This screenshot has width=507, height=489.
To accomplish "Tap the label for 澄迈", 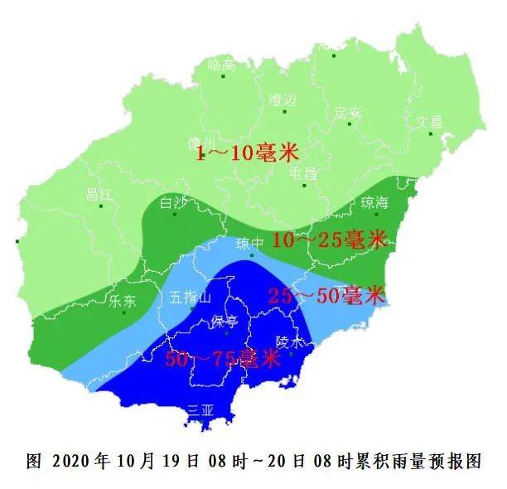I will click(282, 99).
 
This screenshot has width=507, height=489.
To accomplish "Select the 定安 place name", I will click(349, 112).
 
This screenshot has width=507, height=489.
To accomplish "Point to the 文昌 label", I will click(429, 121).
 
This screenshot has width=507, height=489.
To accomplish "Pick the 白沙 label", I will click(172, 202).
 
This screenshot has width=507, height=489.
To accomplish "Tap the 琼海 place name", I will click(376, 203).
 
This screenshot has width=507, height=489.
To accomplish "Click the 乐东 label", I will click(122, 302).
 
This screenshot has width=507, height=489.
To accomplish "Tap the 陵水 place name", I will click(291, 341).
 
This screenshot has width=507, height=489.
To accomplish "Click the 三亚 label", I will click(201, 409).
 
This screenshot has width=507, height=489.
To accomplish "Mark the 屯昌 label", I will click(303, 174).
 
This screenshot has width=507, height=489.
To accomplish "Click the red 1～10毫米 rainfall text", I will click(246, 153).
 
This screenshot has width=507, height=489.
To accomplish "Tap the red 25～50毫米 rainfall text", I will click(328, 295).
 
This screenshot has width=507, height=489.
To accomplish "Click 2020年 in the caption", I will click(80, 461).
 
